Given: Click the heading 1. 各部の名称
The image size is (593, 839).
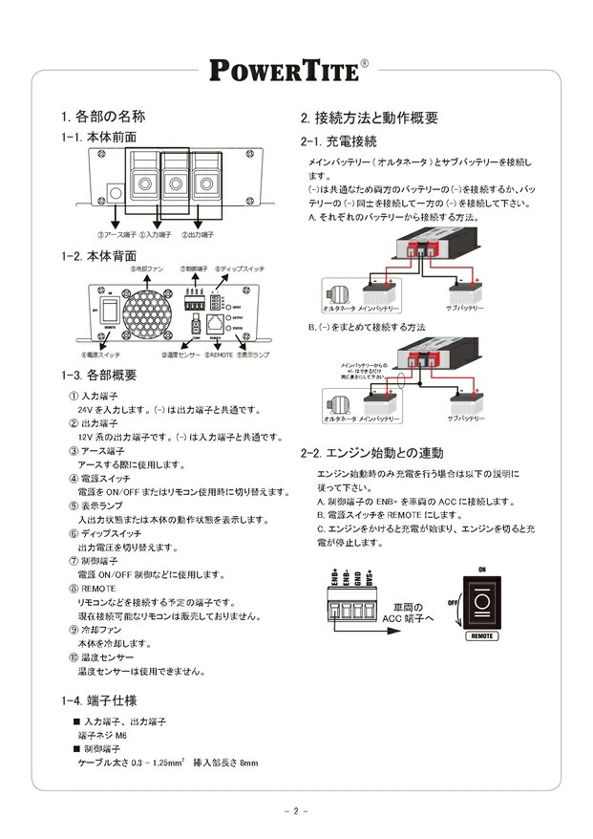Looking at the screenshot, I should point(102,118).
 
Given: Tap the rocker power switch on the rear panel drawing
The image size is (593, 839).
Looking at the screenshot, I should point(110,310).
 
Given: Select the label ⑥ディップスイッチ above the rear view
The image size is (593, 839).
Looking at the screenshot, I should point(235,269).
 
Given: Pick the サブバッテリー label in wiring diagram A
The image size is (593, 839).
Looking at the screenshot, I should point(465,310).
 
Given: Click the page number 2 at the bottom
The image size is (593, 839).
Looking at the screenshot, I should point(296,812).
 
